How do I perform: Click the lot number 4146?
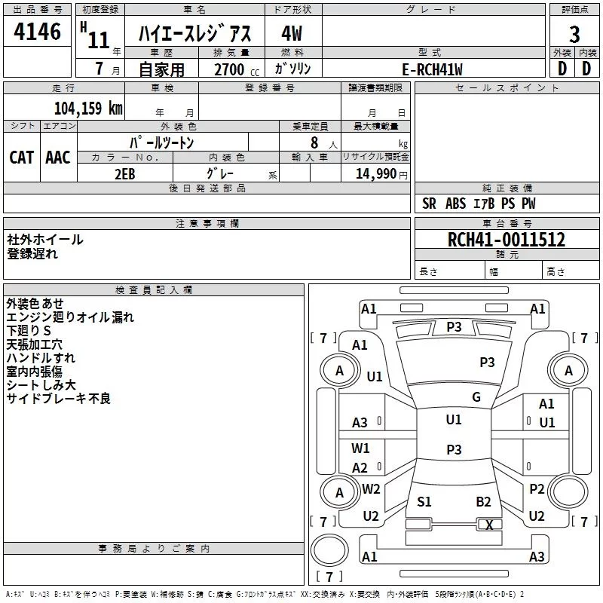(x=38, y=32)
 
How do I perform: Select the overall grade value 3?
(x=574, y=34)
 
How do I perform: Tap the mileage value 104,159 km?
(x=88, y=108)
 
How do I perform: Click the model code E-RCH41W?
(x=433, y=69)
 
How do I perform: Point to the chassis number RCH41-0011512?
(x=506, y=240)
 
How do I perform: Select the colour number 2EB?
(x=124, y=173)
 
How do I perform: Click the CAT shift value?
(x=22, y=157)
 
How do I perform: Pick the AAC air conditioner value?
(x=58, y=157)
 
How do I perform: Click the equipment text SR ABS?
(x=444, y=204)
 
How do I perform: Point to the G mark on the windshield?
(x=476, y=397)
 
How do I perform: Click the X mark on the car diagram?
(x=489, y=525)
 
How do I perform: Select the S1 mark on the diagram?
(x=424, y=502)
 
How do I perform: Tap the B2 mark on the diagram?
(x=484, y=502)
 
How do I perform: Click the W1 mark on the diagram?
(x=361, y=448)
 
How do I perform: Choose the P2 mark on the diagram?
(x=537, y=489)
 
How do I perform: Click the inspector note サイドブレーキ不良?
(x=59, y=399)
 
